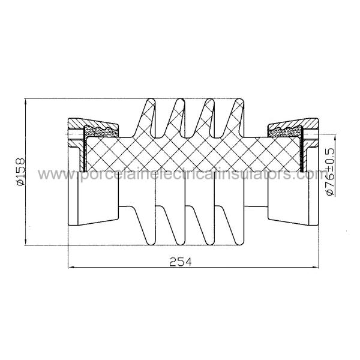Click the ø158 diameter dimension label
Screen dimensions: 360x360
pos(20,172)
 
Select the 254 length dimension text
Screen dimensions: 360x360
pos(180,262)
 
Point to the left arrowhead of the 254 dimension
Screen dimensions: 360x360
pos(71,267)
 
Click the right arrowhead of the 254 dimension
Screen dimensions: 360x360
pos(316,267)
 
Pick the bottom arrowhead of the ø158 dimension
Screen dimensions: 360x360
pos(26,242)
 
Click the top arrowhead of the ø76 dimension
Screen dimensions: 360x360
pos(335,138)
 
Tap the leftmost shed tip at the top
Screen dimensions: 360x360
pos(151,100)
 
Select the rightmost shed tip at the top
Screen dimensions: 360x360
pos(239,100)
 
